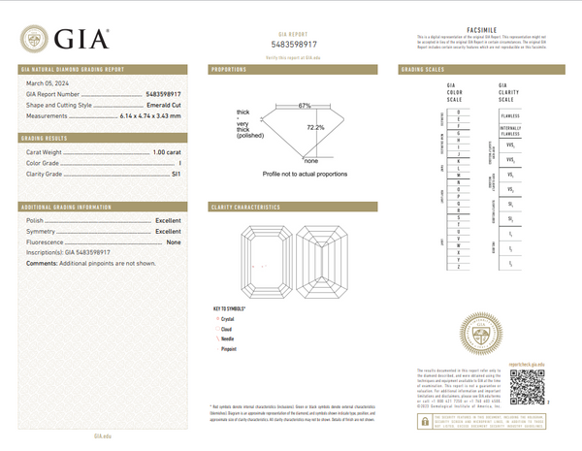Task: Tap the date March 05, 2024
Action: coord(43,84)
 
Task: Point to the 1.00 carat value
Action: coord(165,152)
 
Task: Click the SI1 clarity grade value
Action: coord(175,174)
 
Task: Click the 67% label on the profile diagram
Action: coord(305,105)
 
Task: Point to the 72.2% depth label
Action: coord(315,127)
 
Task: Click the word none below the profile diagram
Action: coord(311,159)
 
